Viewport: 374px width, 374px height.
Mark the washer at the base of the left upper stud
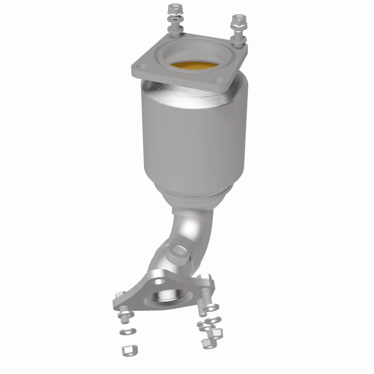tap(174, 33)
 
